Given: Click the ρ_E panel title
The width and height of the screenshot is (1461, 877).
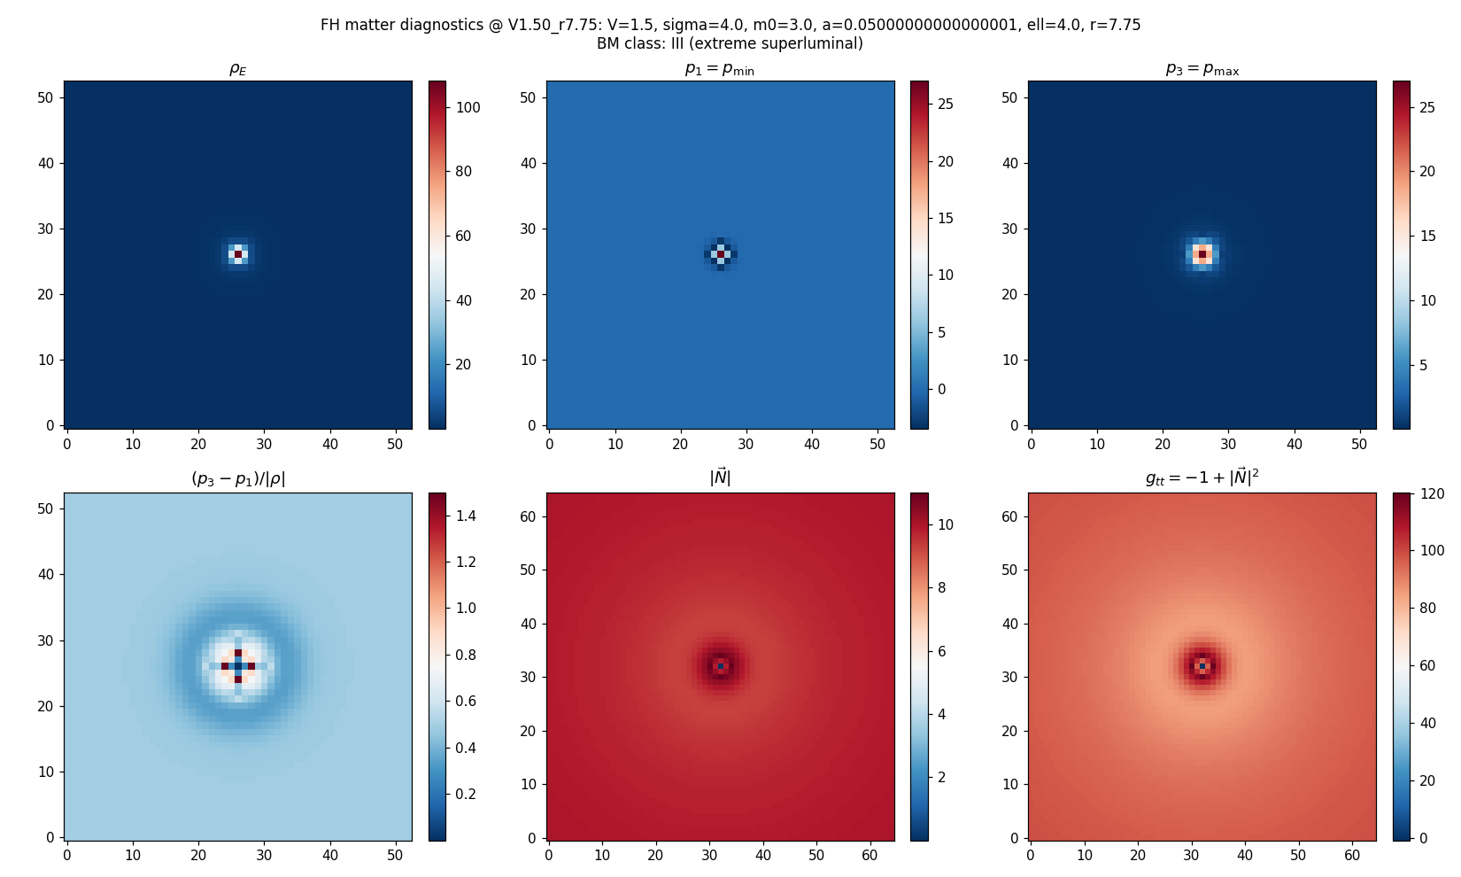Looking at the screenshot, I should point(237,69).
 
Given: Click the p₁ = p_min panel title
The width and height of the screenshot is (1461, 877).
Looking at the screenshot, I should point(719,69).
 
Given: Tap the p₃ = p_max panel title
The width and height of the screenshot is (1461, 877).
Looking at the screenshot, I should point(1202,69).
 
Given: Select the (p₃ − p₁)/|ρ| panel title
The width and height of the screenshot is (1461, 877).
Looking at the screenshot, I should point(237,479).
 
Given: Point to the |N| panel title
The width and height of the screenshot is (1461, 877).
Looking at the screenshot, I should point(719,477).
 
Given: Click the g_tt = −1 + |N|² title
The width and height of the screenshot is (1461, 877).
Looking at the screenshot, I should point(1202,478).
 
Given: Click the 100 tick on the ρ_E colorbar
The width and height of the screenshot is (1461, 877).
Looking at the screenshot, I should point(468,108).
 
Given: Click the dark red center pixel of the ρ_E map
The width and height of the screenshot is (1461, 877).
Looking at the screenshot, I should point(238,254).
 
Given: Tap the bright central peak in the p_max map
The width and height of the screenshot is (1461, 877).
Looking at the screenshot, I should point(1202,254).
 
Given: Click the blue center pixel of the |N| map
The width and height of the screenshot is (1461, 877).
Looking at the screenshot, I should point(721,666).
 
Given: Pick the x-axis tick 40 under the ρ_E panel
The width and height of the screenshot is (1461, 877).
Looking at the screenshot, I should point(330,444).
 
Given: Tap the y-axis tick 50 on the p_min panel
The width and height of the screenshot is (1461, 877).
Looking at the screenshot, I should point(528,97).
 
